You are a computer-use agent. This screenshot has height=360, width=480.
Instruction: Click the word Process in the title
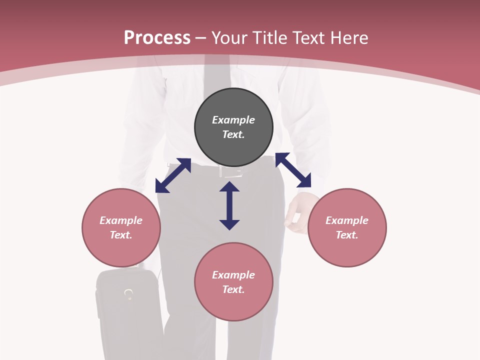157,38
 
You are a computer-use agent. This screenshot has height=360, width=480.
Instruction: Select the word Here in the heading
349,38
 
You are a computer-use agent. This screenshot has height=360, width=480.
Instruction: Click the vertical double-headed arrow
229,205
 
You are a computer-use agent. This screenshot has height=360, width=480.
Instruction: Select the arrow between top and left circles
173,175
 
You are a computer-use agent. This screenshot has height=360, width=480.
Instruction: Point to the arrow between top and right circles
293,170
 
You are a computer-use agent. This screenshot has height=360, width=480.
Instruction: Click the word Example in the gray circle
233,120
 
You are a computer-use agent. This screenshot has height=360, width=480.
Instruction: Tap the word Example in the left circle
121,220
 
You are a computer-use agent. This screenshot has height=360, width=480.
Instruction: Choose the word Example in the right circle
347,220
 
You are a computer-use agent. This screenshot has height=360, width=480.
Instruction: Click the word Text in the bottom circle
233,289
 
